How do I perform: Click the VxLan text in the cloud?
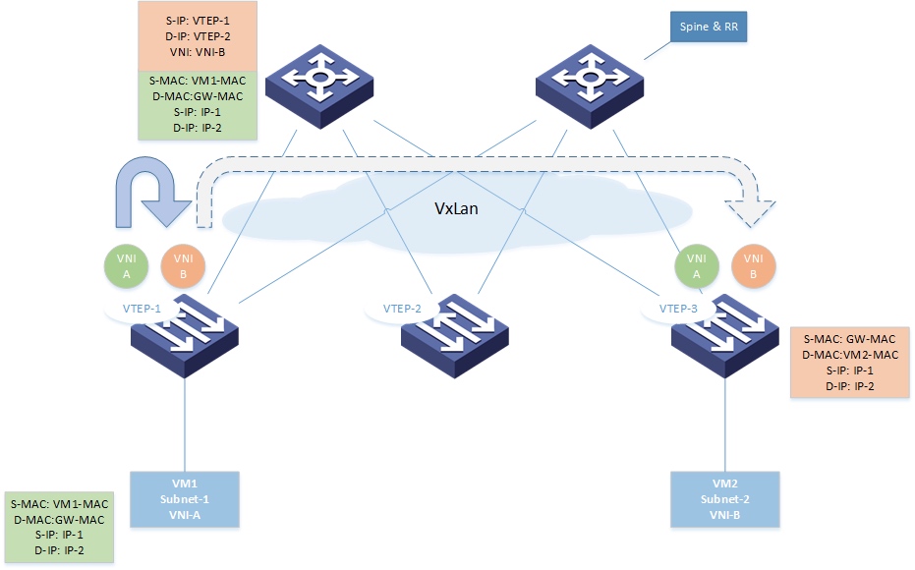458,209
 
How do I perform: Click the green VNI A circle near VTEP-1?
127,266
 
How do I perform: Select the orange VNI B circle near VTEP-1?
182,266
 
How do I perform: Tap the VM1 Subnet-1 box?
185,498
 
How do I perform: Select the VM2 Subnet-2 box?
724,498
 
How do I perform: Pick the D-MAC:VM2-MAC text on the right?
850,354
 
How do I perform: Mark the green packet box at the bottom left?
58,527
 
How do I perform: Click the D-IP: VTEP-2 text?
198,34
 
